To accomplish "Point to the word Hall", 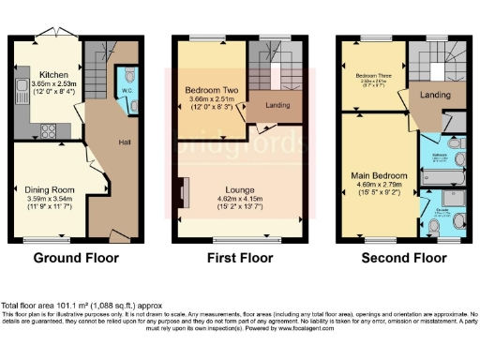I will click(x=123, y=142).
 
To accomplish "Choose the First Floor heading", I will click(x=240, y=257).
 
